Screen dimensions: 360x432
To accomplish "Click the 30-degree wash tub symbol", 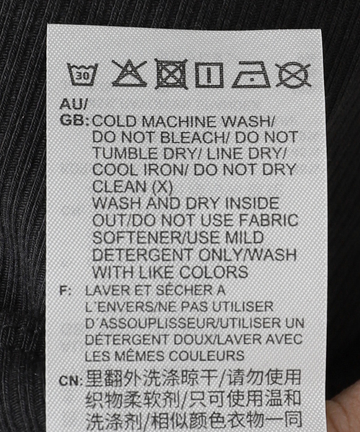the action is coord(83,74).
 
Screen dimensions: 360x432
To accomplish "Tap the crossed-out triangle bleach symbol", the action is coord(129,73).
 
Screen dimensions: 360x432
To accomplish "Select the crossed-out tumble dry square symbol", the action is coord(171,74).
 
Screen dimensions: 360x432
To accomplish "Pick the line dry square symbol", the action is coord(209,75).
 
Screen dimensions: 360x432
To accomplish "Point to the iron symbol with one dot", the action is coord(251,74).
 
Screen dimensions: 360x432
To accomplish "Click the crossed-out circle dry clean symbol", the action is coord(293,75).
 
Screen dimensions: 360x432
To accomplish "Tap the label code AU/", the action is coord(73,104).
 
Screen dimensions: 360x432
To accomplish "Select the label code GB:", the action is coord(74,121).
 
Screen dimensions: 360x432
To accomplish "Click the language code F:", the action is coord(66,291).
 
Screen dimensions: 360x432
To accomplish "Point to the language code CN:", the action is coord(71,381).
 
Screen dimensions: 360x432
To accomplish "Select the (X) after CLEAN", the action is coord(162,187).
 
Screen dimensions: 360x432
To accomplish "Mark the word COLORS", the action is coord(214,272).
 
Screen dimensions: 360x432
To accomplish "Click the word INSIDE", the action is coord(252,203).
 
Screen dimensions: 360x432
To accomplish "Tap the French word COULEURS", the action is coord(207,356).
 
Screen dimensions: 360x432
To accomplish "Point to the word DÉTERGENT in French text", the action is coord(128,339).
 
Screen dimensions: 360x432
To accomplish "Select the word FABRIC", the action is coord(269,220).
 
